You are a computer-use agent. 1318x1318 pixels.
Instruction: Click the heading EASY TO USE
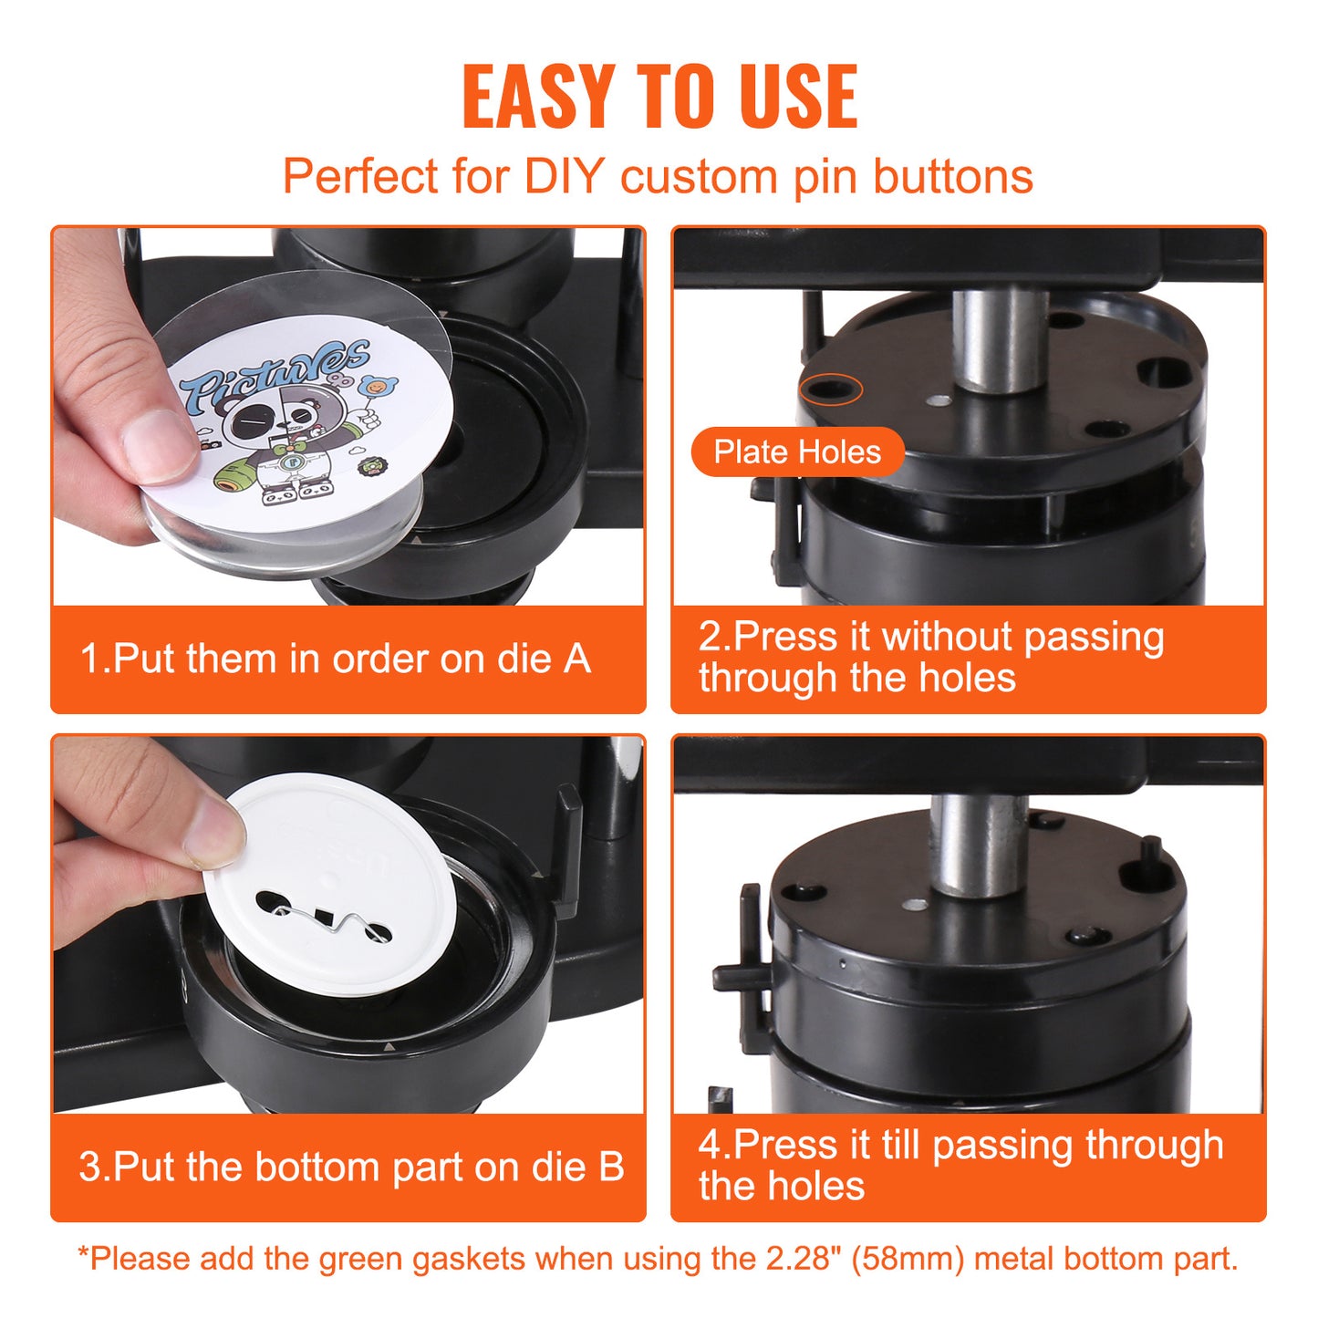pyautogui.click(x=659, y=97)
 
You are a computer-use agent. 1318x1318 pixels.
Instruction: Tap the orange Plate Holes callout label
pyautogui.click(x=797, y=452)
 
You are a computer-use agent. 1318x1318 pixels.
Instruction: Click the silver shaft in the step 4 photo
pyautogui.click(x=978, y=844)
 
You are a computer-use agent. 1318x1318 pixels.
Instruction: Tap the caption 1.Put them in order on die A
pyautogui.click(x=336, y=659)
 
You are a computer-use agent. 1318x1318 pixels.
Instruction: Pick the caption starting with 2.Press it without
pyautogui.click(x=930, y=657)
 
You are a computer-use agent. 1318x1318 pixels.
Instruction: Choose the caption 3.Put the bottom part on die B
pyautogui.click(x=351, y=1167)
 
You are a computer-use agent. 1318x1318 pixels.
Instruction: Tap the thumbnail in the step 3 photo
pyautogui.click(x=215, y=835)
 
